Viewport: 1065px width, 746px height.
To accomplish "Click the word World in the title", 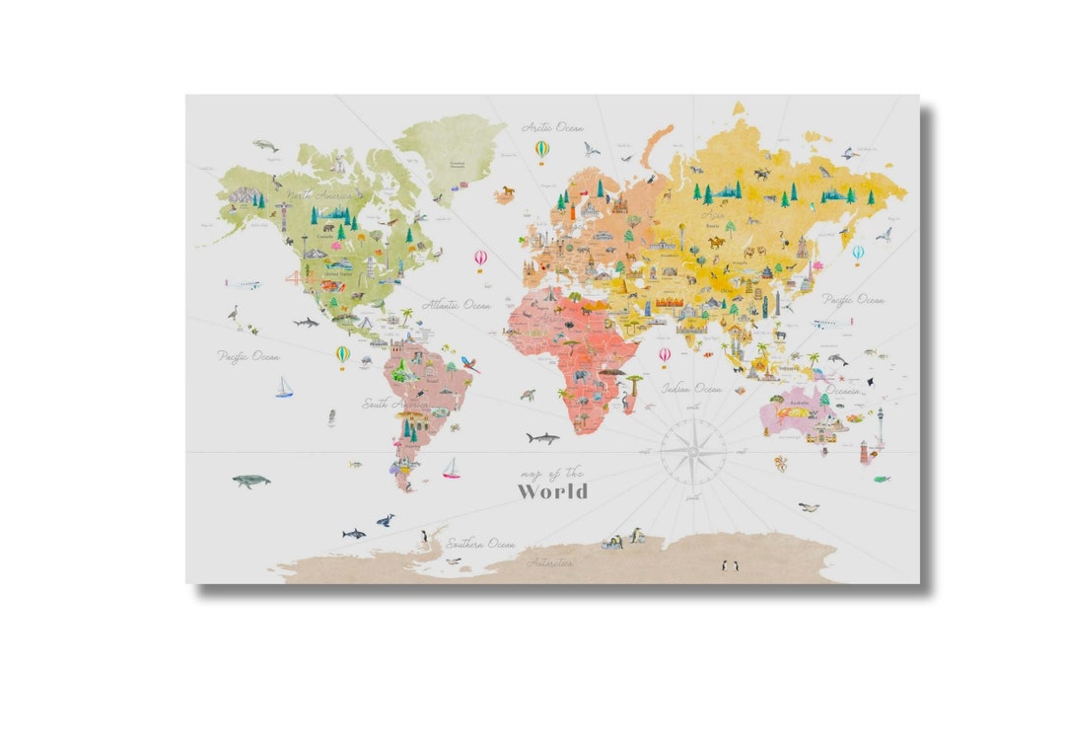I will pos(553,491).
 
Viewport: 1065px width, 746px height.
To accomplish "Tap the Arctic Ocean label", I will pos(553,128).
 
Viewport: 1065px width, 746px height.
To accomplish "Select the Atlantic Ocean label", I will pos(457,306).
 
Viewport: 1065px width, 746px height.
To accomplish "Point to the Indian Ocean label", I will pos(691,389).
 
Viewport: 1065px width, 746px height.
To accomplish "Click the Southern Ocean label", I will pos(480,544).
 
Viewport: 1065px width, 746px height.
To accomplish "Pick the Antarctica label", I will pos(549,563).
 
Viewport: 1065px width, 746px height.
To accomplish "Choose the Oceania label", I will pos(841,391).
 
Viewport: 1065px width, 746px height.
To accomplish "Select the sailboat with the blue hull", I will pos(284,388).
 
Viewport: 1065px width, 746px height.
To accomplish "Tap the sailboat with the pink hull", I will pos(451,469).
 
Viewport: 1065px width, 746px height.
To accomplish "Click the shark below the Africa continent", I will pos(541,437).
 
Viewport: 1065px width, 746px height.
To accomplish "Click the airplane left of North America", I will pos(243,284).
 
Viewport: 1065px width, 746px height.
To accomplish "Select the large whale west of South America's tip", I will pos(250,481).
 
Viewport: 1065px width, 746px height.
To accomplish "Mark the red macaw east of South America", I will pos(469,363).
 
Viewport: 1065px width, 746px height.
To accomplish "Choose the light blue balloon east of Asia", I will pos(858,254).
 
